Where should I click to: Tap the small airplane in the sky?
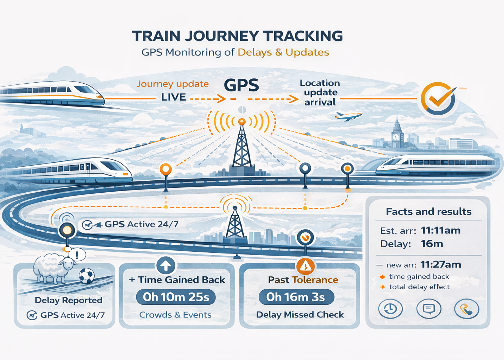pyautogui.click(x=348, y=116)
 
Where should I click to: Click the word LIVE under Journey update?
pyautogui.click(x=173, y=97)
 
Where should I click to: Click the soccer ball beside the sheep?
pyautogui.click(x=86, y=276)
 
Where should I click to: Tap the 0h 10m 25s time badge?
pyautogui.click(x=176, y=297)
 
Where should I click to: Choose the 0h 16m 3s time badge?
pyautogui.click(x=296, y=297)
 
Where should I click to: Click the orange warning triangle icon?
pyautogui.click(x=305, y=266)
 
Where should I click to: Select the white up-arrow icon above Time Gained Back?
pyautogui.click(x=166, y=265)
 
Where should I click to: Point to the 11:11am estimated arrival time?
pyautogui.click(x=440, y=231)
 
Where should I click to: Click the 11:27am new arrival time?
pyautogui.click(x=441, y=264)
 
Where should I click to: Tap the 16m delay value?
pyautogui.click(x=432, y=244)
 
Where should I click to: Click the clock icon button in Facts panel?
pyautogui.click(x=390, y=309)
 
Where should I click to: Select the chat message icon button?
pyautogui.click(x=428, y=309)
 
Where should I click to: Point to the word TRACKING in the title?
pyautogui.click(x=303, y=36)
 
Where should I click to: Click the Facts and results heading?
pyautogui.click(x=428, y=212)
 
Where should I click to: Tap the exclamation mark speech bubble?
pyautogui.click(x=77, y=254)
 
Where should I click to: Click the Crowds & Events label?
pyautogui.click(x=175, y=315)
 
